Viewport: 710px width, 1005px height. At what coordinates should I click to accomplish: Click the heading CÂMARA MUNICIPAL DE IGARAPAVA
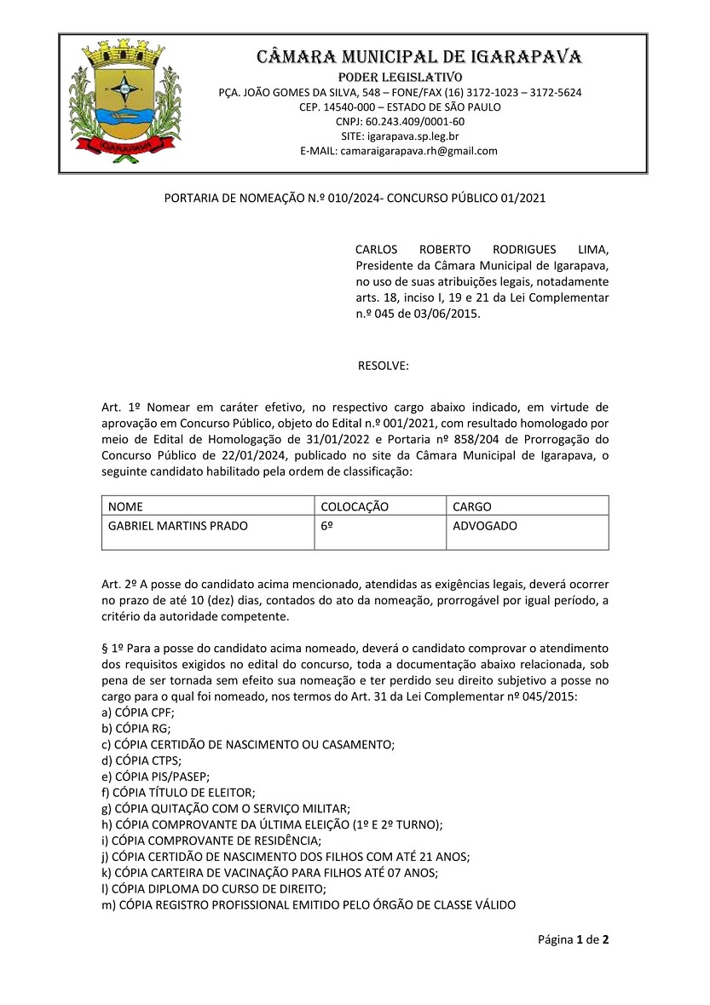[x=419, y=58]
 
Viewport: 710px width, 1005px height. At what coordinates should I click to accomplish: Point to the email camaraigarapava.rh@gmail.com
[x=418, y=151]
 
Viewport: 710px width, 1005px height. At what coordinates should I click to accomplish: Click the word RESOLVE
[x=383, y=367]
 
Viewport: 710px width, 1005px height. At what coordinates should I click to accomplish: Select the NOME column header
[x=126, y=507]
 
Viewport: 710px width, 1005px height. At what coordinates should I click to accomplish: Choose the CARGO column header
[x=472, y=507]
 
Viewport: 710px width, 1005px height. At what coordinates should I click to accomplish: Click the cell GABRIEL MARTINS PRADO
[x=178, y=526]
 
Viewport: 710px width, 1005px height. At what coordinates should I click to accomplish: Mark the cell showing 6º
[x=326, y=526]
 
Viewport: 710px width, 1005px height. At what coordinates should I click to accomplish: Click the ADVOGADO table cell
[x=485, y=526]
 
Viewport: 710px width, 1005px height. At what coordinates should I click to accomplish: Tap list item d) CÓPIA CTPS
[x=141, y=760]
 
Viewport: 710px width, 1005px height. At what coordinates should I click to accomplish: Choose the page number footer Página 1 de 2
[x=573, y=940]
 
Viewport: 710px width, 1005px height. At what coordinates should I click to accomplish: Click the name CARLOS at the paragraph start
[x=378, y=249]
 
